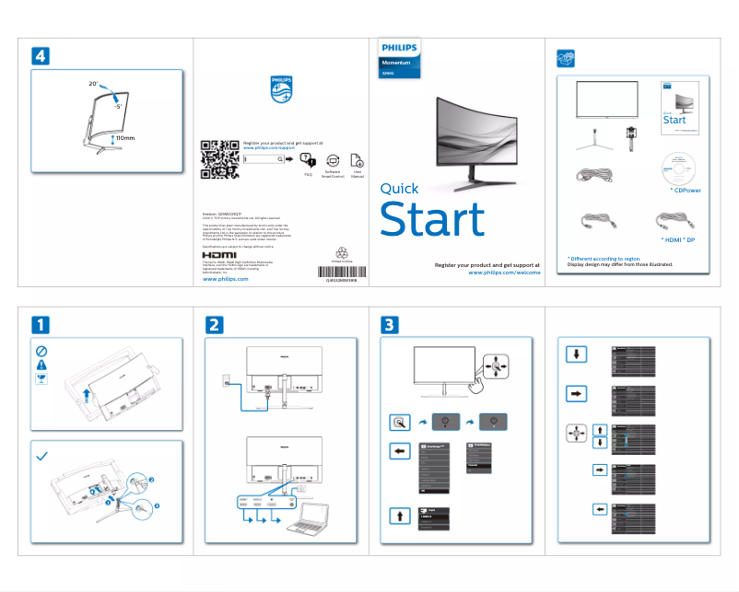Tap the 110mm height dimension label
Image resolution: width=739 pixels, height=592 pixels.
click(123, 138)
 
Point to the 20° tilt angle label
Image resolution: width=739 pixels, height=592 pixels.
click(93, 84)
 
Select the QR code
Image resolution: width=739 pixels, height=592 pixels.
click(218, 158)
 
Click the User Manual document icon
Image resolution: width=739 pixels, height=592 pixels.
click(358, 159)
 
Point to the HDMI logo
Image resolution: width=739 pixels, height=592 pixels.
click(218, 255)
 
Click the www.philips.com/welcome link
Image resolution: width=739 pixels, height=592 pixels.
click(504, 273)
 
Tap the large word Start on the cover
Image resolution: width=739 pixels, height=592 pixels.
click(432, 221)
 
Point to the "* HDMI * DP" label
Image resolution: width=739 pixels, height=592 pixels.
click(677, 239)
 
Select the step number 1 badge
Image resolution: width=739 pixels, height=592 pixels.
click(41, 325)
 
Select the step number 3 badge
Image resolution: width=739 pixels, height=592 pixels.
click(390, 325)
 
